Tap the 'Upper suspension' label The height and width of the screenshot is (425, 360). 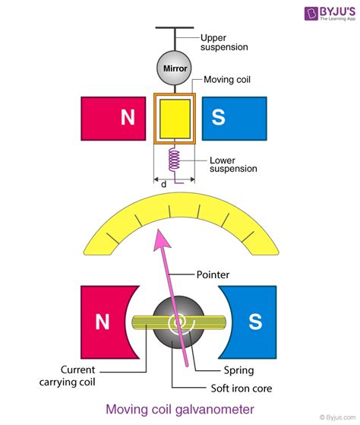click(224, 42)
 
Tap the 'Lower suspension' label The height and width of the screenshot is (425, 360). click(232, 164)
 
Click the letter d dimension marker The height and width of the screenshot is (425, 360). click(163, 183)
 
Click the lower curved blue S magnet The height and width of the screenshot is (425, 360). click(250, 322)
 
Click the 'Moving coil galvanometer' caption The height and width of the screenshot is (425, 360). click(179, 411)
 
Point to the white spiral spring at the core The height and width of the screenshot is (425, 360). click(179, 324)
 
